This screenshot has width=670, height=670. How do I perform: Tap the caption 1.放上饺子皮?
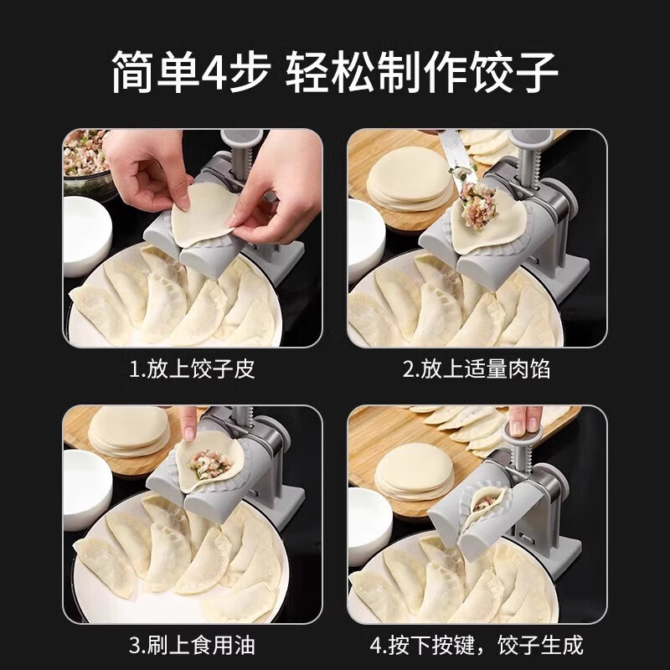[192, 368]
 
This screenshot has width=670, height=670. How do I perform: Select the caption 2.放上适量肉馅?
[477, 368]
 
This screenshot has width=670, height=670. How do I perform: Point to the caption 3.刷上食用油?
[192, 645]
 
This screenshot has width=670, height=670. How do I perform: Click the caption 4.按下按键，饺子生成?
[477, 645]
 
